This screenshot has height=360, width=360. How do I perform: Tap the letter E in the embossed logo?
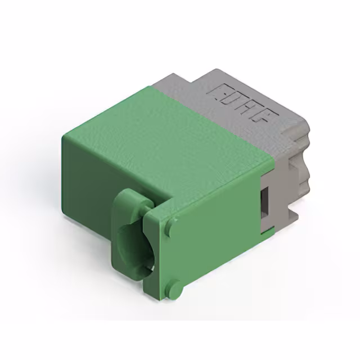217,90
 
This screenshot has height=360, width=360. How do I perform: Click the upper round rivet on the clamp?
169,227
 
